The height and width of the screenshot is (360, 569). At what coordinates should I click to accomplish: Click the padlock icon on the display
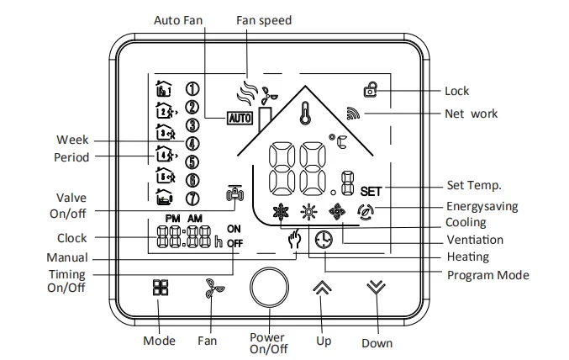click(371, 89)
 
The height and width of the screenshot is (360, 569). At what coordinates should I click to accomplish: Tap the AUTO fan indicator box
click(240, 118)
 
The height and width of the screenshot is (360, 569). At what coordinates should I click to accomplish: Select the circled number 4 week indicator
click(192, 144)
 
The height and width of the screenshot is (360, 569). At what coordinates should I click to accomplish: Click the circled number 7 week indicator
click(192, 199)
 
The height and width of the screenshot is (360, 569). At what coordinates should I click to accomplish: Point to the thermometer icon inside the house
click(305, 113)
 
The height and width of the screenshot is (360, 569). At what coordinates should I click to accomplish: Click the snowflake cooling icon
click(281, 212)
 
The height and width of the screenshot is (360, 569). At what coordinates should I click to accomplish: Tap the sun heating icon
click(308, 211)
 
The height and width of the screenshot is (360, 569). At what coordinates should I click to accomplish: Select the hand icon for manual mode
click(295, 239)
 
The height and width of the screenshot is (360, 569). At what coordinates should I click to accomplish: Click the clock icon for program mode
click(324, 240)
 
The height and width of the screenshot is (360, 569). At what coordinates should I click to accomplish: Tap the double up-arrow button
click(322, 288)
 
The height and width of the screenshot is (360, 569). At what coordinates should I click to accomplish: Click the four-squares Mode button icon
click(161, 287)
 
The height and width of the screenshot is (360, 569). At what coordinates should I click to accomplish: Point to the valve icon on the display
click(234, 193)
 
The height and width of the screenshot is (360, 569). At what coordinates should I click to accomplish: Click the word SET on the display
click(371, 192)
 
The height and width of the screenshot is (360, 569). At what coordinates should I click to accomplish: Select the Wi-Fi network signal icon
click(353, 114)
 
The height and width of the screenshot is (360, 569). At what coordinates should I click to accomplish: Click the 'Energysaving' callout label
click(482, 206)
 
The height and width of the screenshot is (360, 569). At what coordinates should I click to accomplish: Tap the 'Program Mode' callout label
click(488, 275)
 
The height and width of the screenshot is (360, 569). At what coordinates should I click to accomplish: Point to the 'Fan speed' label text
click(264, 20)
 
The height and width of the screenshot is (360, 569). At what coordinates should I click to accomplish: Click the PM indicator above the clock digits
click(173, 219)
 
